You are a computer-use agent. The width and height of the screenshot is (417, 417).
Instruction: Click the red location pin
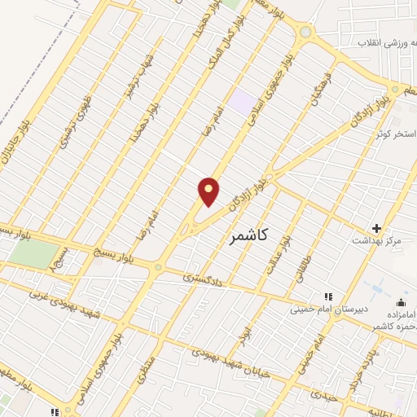coord(209,191)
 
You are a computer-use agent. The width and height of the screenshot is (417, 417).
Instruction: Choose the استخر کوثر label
coord(396,132)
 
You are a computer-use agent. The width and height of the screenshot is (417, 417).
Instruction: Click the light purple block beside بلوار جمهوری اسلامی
coord(242,103)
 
